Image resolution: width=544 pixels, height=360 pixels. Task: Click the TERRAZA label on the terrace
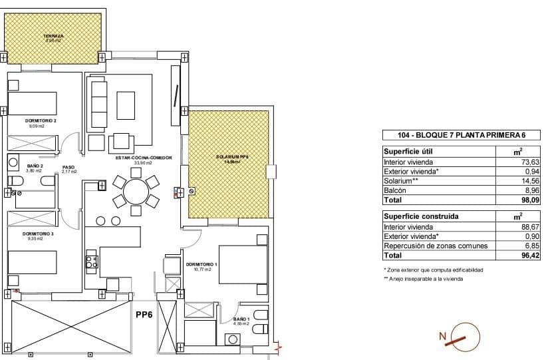coord(53,35)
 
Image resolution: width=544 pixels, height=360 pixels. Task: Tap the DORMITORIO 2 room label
coord(41,120)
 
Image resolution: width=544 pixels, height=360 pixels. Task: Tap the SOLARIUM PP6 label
coord(231,157)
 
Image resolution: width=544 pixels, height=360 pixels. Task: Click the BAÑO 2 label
coord(35,166)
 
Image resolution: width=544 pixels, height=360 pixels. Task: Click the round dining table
coord(136,191)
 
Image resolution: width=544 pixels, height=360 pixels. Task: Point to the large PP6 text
coord(146,315)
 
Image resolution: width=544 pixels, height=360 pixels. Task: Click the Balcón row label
coord(396,190)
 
